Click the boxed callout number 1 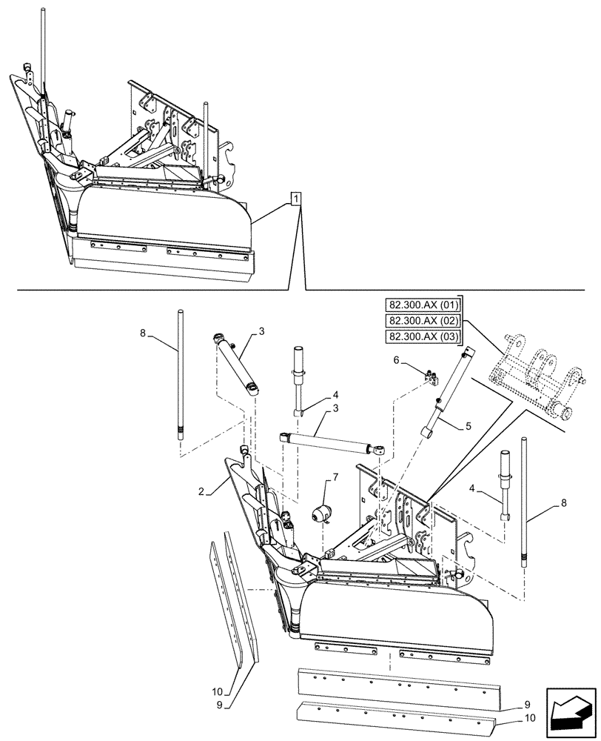click(x=295, y=199)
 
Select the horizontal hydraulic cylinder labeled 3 click(x=329, y=442)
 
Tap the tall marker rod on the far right click(x=526, y=504)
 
